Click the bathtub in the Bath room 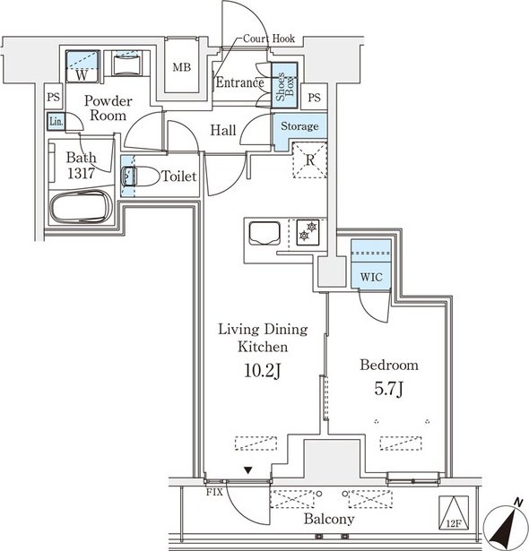tap(80, 208)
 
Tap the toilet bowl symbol tap(141, 176)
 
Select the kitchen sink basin tap(264, 233)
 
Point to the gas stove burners tap(308, 231)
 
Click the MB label tap(181, 67)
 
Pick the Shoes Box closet tap(284, 85)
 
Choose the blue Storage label tap(299, 125)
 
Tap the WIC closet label tap(371, 277)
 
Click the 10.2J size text tap(263, 370)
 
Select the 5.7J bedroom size tap(388, 389)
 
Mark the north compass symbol tap(506, 525)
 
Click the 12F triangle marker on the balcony tap(454, 513)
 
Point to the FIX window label tap(214, 492)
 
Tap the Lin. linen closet tap(56, 122)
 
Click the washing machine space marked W tap(82, 66)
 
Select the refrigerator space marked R tap(310, 159)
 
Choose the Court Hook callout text tap(269, 39)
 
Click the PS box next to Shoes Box tap(315, 98)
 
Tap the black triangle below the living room tap(248, 470)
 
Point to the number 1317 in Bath tap(81, 173)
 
